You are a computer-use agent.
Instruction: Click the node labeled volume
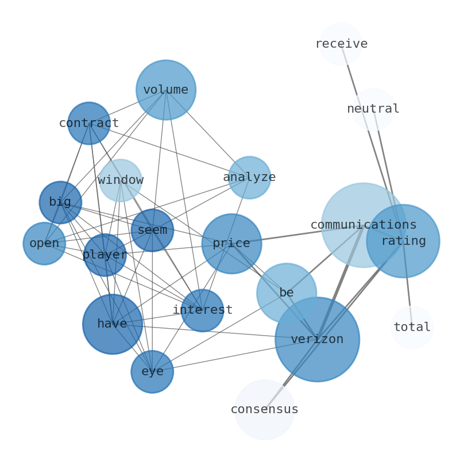click(166, 90)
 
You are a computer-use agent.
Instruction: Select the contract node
click(89, 124)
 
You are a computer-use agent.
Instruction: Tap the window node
click(121, 180)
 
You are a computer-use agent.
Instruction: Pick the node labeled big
click(60, 202)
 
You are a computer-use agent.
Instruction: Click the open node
click(44, 244)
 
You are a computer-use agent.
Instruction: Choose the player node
click(105, 255)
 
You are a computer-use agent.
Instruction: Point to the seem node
click(152, 230)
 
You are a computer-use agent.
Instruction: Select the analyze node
click(249, 178)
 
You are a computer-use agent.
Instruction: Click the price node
click(231, 244)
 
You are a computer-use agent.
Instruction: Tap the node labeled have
click(113, 324)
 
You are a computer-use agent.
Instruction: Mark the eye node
click(152, 372)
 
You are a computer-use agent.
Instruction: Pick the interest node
click(202, 310)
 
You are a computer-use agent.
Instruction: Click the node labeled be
click(287, 293)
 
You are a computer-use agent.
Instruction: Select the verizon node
click(317, 340)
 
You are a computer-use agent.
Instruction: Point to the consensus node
click(265, 410)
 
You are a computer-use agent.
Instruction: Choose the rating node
click(403, 241)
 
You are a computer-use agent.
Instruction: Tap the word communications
click(363, 225)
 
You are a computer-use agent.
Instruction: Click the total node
click(412, 328)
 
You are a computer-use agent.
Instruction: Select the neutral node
click(373, 109)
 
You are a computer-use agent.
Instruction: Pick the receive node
click(341, 44)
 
